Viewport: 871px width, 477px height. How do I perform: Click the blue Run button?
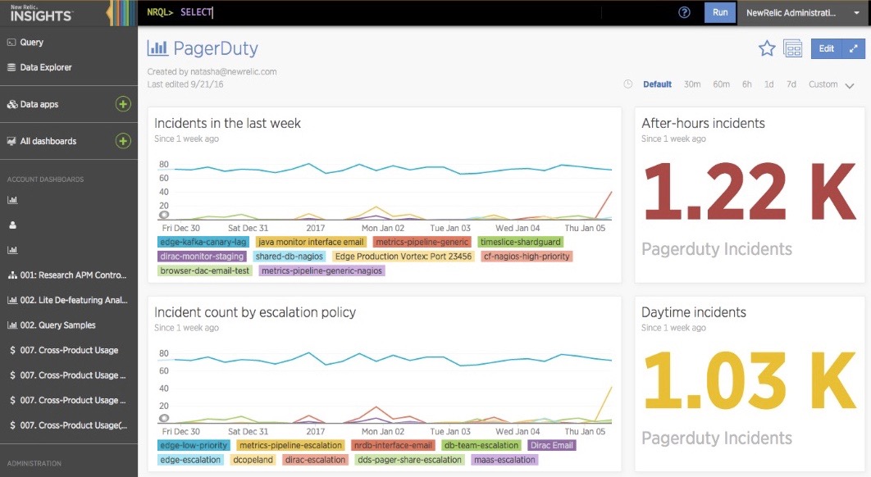(719, 12)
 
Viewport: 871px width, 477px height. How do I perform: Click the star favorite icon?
(767, 49)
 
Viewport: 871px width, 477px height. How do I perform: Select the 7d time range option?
(791, 84)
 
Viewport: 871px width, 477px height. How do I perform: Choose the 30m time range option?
(692, 84)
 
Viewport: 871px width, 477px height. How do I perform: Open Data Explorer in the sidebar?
(46, 67)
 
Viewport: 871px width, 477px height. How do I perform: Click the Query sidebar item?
(32, 42)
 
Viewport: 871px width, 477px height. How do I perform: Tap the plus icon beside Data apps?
(122, 104)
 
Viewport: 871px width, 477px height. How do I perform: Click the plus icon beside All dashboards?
(122, 141)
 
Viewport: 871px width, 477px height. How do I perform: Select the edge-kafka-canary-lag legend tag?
(203, 243)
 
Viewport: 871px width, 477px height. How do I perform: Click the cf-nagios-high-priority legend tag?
(527, 257)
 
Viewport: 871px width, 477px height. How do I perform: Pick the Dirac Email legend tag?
(552, 446)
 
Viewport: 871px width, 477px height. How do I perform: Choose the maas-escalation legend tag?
(505, 460)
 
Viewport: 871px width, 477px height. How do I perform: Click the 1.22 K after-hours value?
(750, 193)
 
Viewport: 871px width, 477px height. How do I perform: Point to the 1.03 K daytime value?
(750, 382)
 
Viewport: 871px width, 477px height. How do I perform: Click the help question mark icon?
(685, 12)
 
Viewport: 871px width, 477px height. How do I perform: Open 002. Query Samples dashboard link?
(57, 325)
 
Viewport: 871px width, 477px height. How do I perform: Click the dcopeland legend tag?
(253, 460)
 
